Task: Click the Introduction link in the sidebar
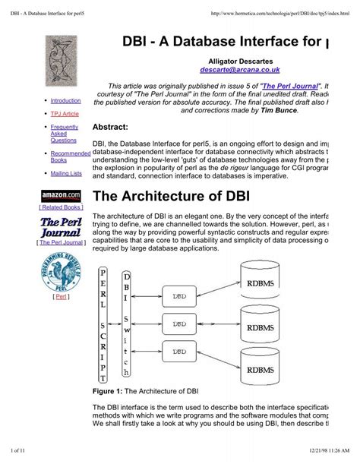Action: (x=65, y=99)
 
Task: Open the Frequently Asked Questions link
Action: (x=63, y=134)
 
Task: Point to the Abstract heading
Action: (x=111, y=127)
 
